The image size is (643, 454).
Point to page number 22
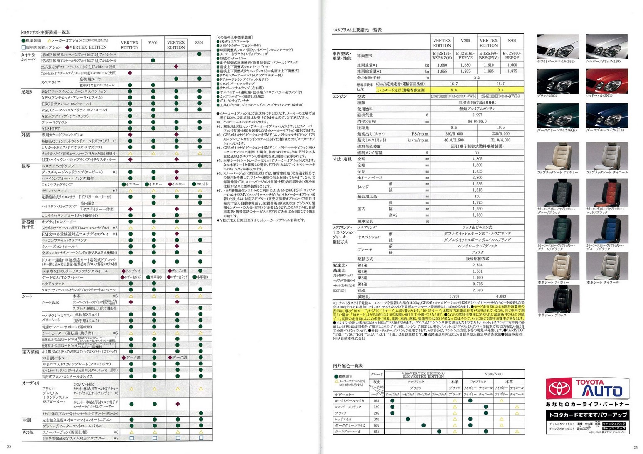[9, 447]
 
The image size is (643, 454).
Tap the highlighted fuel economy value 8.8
[453, 90]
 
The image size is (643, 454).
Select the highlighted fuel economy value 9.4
[500, 90]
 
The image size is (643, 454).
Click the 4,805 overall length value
[477, 159]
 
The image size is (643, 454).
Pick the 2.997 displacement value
[477, 115]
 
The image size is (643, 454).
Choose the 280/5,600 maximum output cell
[453, 134]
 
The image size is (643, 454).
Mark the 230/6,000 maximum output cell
[500, 134]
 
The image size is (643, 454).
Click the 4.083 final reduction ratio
[500, 296]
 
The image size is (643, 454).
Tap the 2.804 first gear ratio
[477, 265]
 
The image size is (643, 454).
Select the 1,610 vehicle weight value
[489, 65]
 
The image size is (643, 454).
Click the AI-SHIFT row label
[51, 129]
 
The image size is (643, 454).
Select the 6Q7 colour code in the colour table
[377, 425]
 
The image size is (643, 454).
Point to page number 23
[635, 447]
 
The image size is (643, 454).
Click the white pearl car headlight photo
[558, 47]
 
